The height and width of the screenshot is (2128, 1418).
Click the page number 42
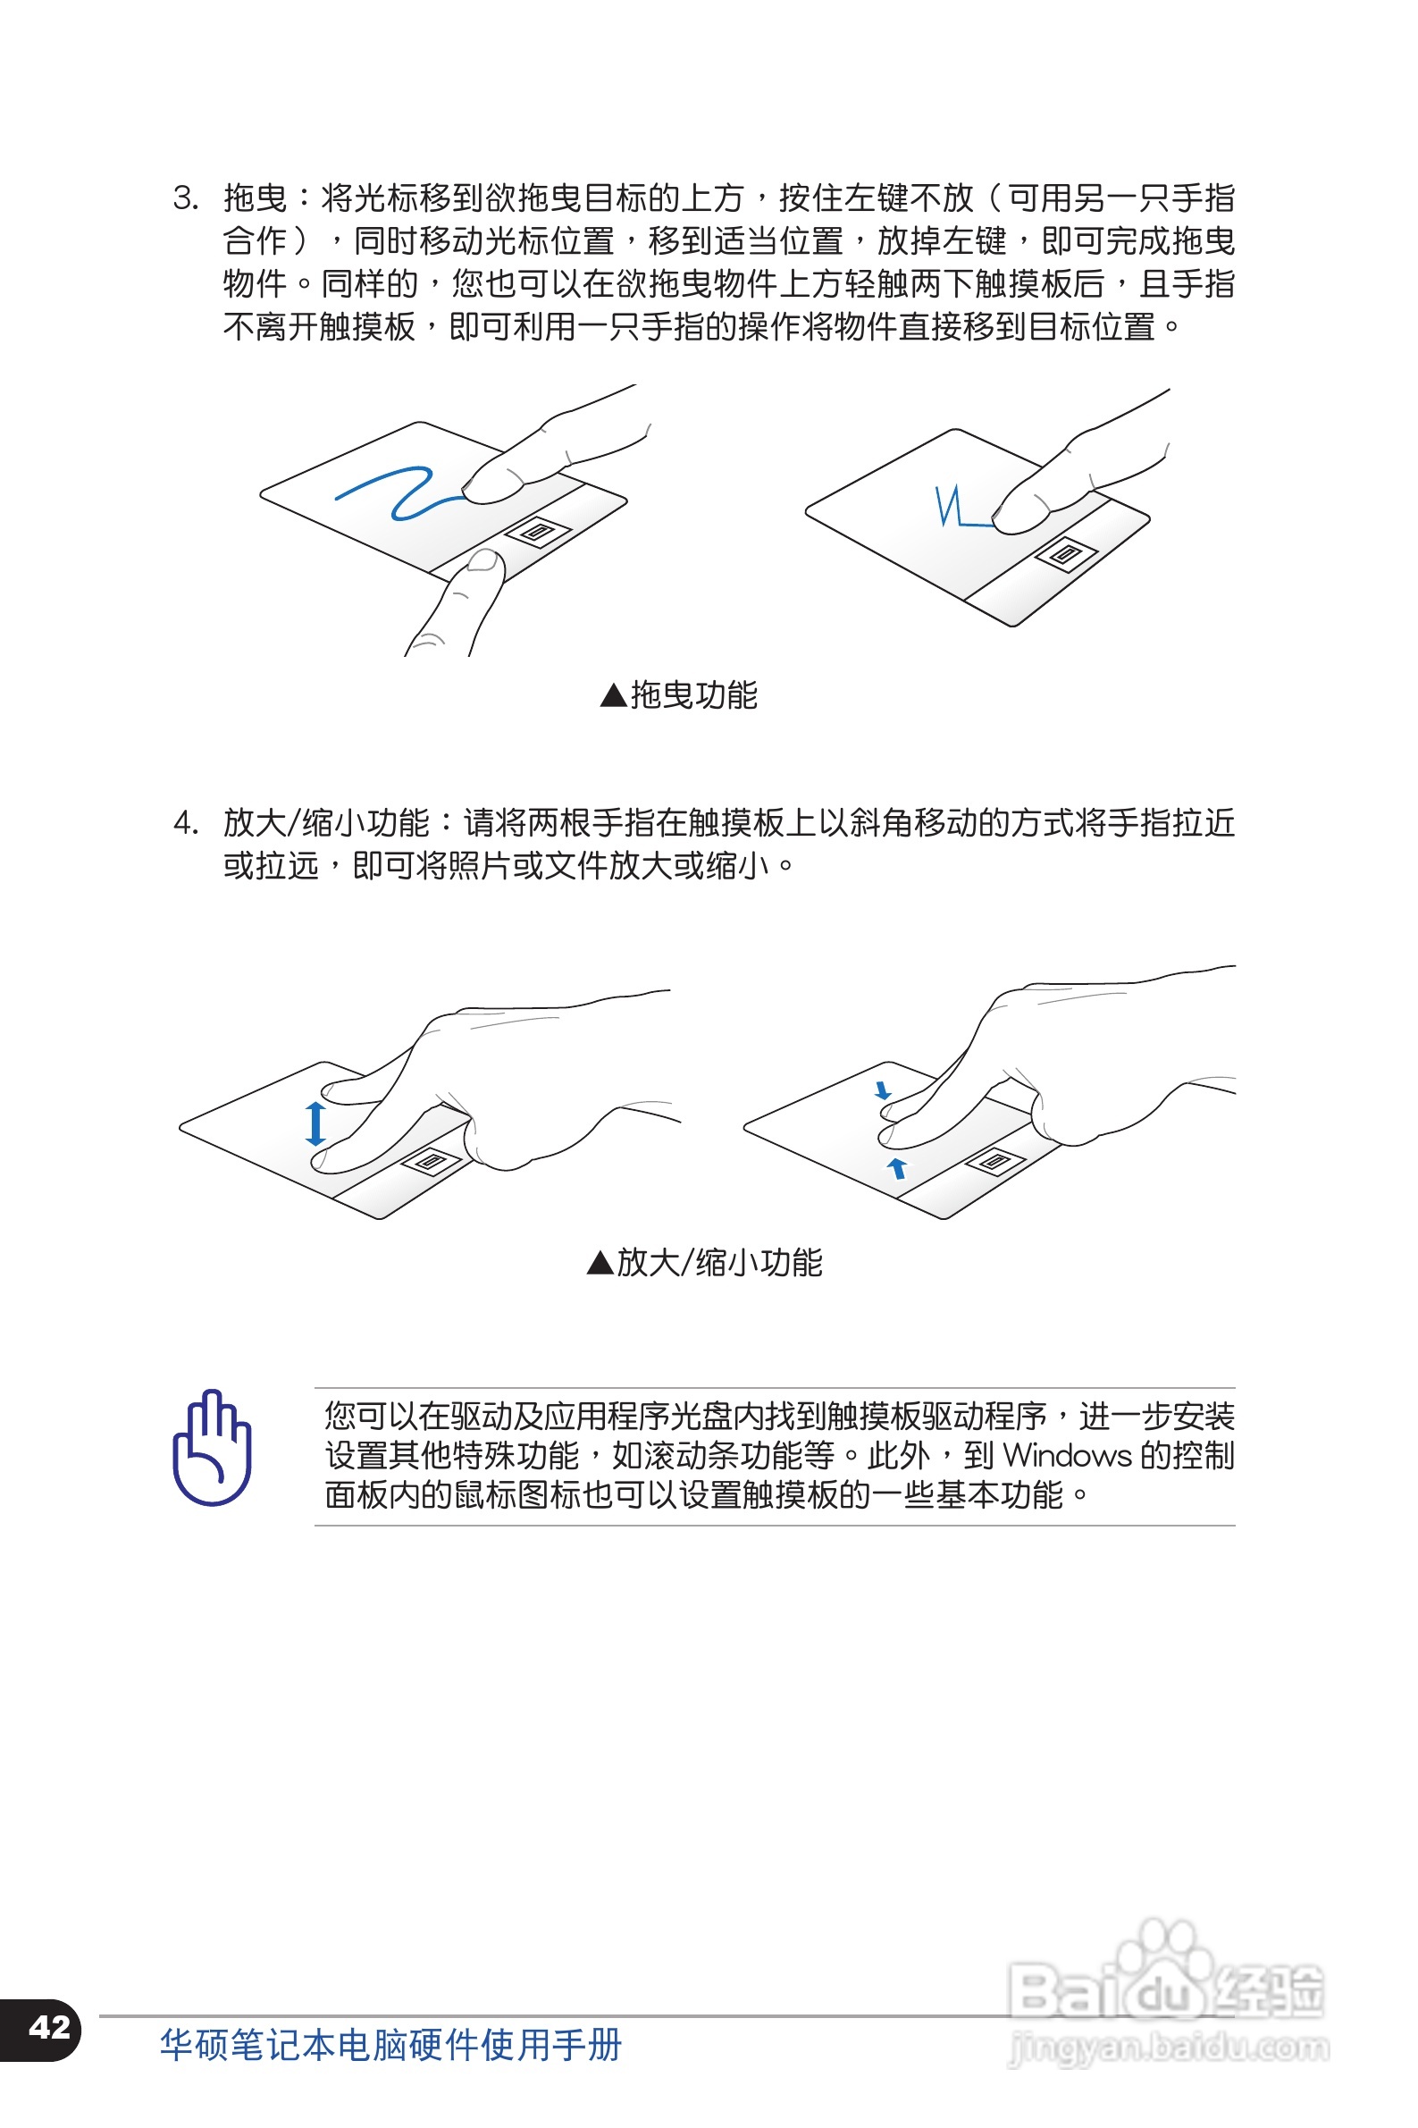(49, 2027)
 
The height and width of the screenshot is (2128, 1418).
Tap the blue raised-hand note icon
(212, 1448)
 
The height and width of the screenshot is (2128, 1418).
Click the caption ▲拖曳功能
(678, 694)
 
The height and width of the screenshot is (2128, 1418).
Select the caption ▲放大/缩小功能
(704, 1262)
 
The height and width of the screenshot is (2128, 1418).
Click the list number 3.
(185, 198)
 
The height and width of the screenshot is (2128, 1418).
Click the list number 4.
(185, 823)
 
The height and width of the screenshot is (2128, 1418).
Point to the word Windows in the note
(1066, 1455)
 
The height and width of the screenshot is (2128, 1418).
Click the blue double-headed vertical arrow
(315, 1123)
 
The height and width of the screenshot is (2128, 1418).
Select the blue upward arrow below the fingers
(896, 1167)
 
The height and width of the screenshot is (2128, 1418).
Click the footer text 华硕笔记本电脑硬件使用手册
(390, 2045)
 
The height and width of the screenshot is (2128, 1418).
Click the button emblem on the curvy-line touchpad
(538, 532)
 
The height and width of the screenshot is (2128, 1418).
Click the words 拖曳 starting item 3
(255, 198)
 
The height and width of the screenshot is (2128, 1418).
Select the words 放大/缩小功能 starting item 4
(325, 823)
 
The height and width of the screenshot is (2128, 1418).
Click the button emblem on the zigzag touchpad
(1065, 554)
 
